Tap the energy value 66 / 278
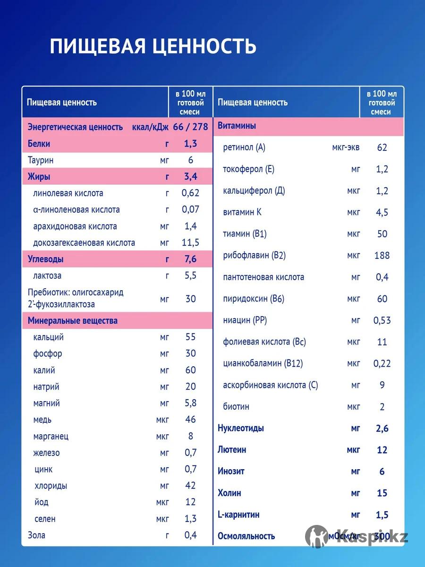pyautogui.click(x=191, y=127)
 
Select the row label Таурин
pyautogui.click(x=41, y=160)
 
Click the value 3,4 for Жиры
pyautogui.click(x=191, y=177)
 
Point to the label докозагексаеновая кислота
pyautogui.click(x=84, y=243)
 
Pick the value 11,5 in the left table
pyautogui.click(x=191, y=243)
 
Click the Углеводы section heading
pyautogui.click(x=46, y=259)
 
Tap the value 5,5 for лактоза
pyautogui.click(x=191, y=276)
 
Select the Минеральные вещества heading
pyautogui.click(x=73, y=321)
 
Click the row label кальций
pyautogui.click(x=49, y=337)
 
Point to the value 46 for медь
pyautogui.click(x=191, y=420)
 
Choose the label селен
pyautogui.click(x=45, y=519)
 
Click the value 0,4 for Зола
pyautogui.click(x=191, y=535)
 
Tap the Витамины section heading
pyautogui.click(x=237, y=126)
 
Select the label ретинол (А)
pyautogui.click(x=244, y=147)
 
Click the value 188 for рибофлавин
pyautogui.click(x=382, y=256)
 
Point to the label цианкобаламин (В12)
pyautogui.click(x=263, y=363)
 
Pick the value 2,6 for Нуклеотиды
pyautogui.click(x=382, y=429)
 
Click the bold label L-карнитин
pyautogui.click(x=238, y=515)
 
